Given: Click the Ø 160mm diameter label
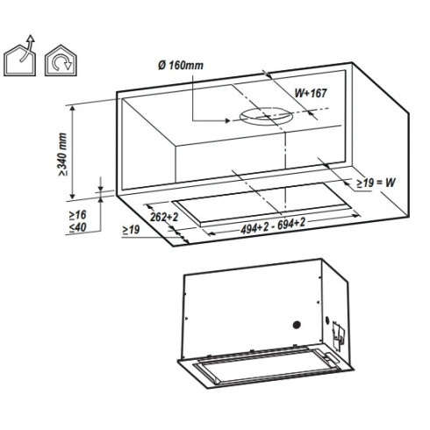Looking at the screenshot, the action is (x=181, y=65).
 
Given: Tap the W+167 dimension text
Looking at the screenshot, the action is (x=311, y=93).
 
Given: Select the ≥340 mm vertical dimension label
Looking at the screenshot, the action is (x=62, y=154).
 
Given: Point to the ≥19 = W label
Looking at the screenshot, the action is (x=376, y=183).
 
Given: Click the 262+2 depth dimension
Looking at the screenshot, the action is (x=164, y=217).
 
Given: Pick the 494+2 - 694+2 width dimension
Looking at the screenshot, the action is (x=273, y=226).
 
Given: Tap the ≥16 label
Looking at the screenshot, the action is (x=77, y=215).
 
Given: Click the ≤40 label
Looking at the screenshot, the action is (x=77, y=227).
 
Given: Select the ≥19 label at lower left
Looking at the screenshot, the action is (x=131, y=230).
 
